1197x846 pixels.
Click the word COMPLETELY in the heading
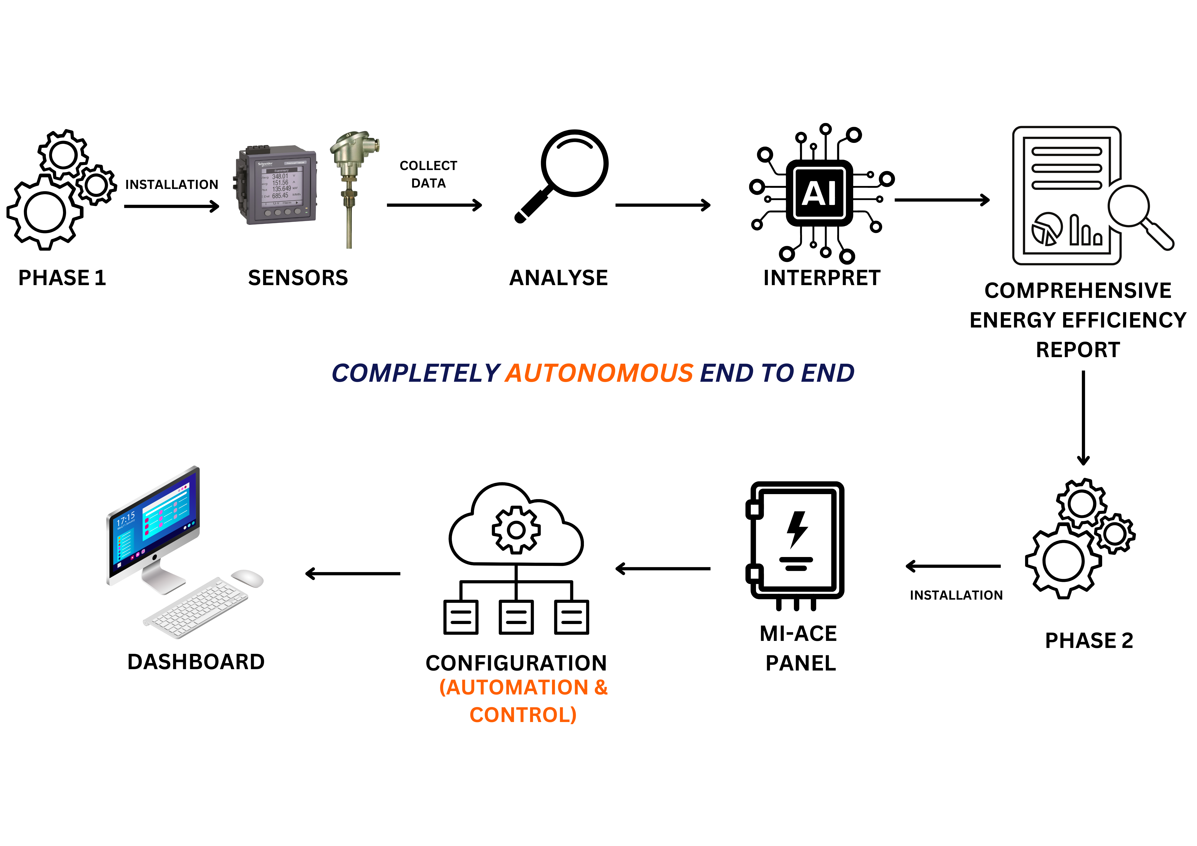[416, 373]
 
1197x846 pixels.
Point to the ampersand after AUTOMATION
[601, 688]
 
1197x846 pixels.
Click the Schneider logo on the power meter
[265, 164]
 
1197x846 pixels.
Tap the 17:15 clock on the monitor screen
[126, 519]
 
